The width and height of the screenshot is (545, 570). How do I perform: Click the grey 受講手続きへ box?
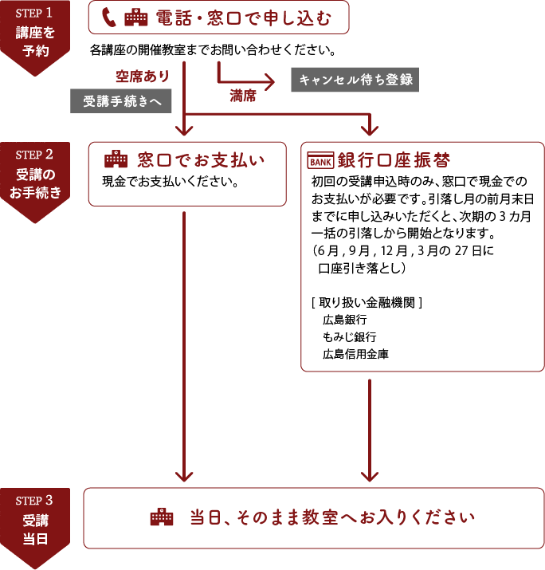[121, 101]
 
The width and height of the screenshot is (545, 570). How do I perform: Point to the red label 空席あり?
[143, 77]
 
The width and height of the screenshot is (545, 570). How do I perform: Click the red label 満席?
[243, 96]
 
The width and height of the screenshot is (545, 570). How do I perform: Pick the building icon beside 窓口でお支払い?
[116, 157]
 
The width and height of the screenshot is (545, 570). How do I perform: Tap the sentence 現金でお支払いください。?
[171, 181]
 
